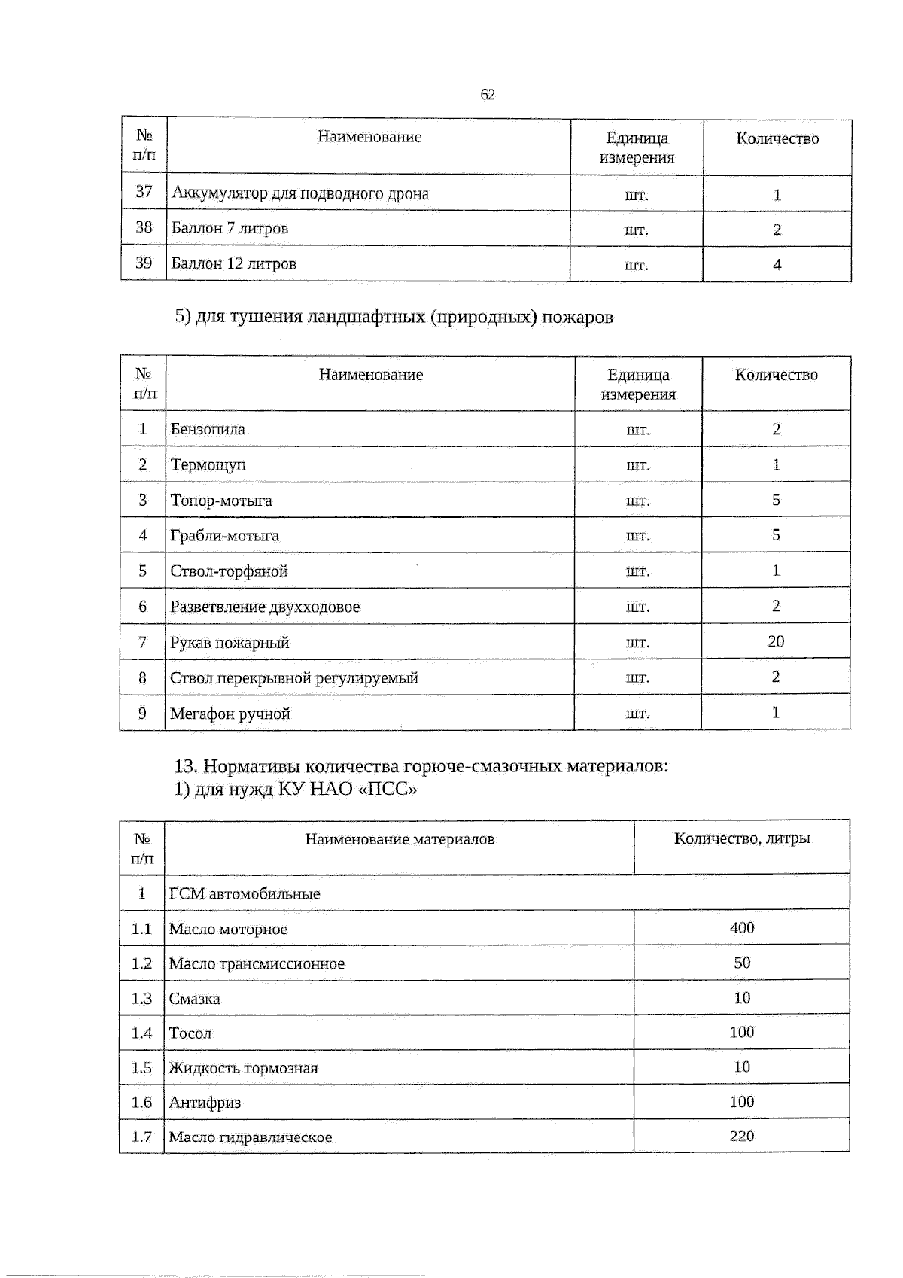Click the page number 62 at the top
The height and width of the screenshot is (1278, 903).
(x=487, y=95)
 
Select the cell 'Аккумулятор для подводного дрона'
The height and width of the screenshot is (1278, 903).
(x=300, y=193)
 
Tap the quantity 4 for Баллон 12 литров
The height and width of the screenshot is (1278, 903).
(x=777, y=264)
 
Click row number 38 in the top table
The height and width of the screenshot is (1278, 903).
(x=144, y=227)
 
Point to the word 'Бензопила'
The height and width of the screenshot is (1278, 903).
(x=208, y=429)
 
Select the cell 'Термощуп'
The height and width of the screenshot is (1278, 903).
(x=208, y=464)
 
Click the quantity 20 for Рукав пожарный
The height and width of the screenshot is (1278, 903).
(x=776, y=641)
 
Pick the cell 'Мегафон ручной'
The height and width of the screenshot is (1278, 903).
(x=230, y=714)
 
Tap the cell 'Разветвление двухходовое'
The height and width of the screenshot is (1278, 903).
(x=265, y=607)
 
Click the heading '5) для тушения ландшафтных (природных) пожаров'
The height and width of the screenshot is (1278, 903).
(x=394, y=317)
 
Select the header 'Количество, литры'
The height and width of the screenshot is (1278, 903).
(x=742, y=838)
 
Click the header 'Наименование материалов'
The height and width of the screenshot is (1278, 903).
(x=400, y=839)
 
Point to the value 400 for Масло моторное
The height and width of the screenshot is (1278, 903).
(x=742, y=928)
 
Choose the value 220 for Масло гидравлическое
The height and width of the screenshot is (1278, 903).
(x=742, y=1136)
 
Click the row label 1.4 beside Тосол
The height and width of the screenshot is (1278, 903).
(x=141, y=1033)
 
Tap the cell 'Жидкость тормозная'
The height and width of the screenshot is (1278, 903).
(x=243, y=1068)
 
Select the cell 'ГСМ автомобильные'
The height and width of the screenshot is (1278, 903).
(x=245, y=894)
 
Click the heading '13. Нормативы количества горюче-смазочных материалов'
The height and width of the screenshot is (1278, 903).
(x=421, y=767)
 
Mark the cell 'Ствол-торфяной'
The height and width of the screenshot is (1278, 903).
(x=229, y=571)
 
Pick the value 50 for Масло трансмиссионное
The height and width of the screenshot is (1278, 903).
(x=742, y=963)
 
